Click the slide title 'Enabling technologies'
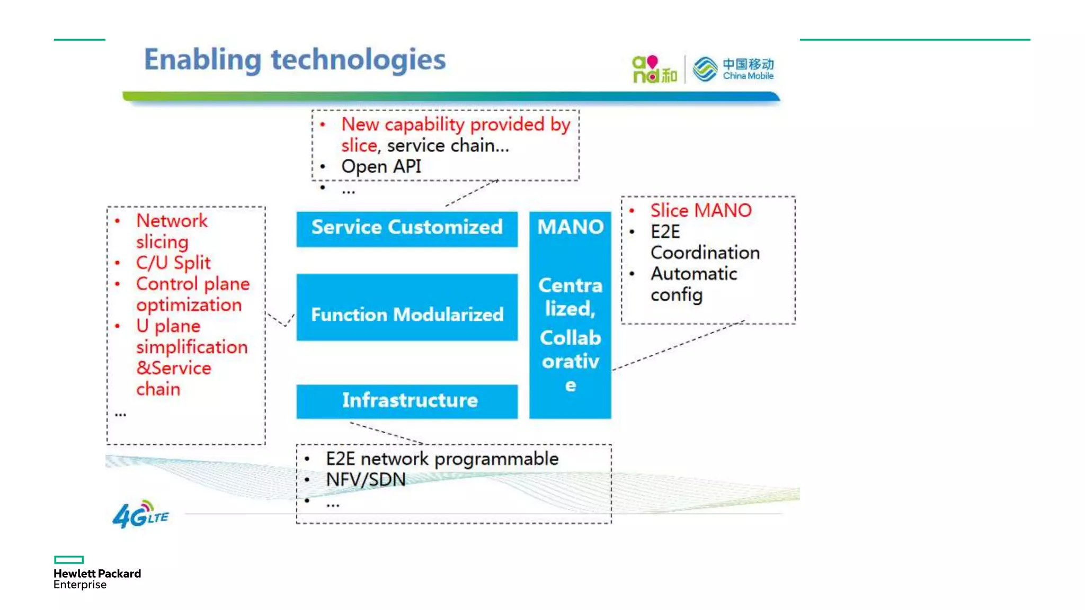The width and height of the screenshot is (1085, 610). click(295, 59)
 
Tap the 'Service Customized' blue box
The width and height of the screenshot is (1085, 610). click(407, 228)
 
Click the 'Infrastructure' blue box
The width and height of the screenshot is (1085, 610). click(407, 401)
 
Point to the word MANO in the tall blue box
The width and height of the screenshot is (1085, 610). click(570, 227)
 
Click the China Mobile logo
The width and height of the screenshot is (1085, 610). click(734, 69)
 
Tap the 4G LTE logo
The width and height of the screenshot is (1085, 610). click(140, 514)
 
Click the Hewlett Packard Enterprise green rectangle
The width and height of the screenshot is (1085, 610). click(69, 560)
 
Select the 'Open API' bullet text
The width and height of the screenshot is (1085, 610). click(381, 167)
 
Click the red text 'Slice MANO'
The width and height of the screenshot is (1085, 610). click(700, 211)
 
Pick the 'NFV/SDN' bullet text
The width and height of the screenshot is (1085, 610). click(366, 480)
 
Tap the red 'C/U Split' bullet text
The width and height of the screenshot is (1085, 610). click(173, 263)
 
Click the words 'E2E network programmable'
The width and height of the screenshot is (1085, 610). click(442, 459)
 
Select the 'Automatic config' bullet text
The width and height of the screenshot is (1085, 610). click(693, 284)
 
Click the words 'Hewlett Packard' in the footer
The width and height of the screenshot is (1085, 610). click(97, 573)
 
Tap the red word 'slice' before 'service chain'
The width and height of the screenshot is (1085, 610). click(359, 146)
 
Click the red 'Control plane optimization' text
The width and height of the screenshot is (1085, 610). click(192, 294)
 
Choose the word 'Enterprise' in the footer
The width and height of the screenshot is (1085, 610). click(80, 585)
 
